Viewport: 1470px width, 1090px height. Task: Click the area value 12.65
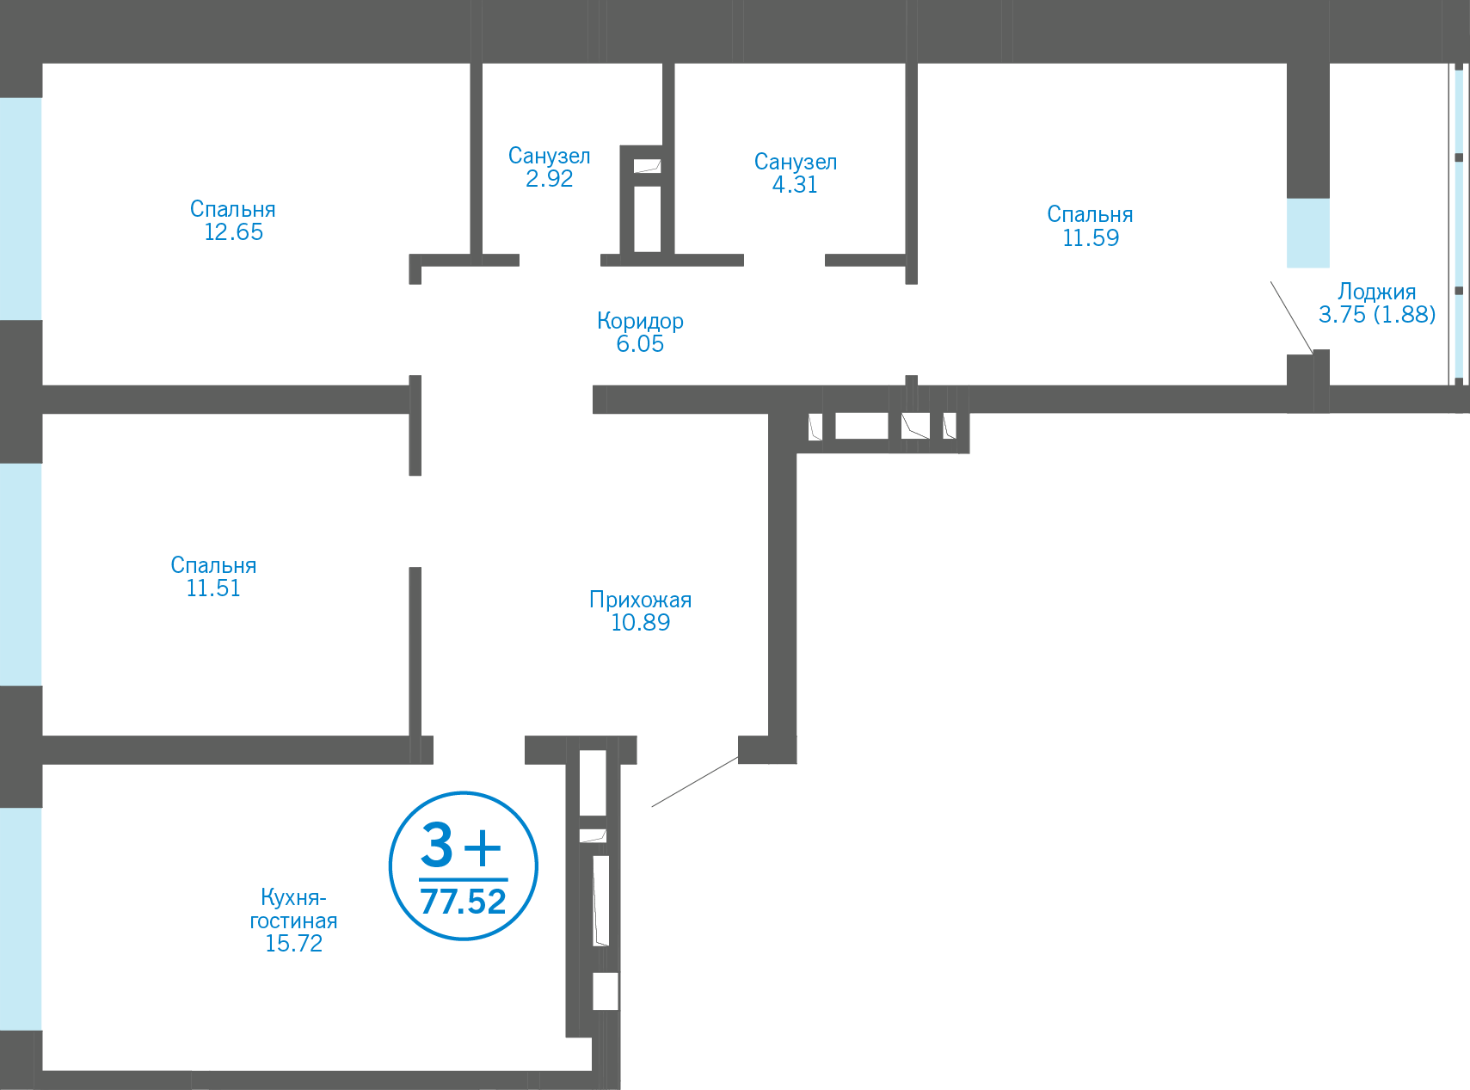[233, 232]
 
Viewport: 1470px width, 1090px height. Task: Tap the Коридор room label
[640, 321]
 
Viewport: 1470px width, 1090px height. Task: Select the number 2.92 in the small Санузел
[549, 179]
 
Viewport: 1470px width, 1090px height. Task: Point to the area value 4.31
[795, 184]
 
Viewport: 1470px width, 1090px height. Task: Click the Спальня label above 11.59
[1090, 214]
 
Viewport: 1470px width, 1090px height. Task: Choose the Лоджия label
[1376, 292]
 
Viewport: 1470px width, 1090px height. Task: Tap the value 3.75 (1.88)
[1376, 315]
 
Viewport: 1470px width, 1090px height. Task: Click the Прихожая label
[640, 600]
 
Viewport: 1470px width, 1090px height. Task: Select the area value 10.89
[640, 623]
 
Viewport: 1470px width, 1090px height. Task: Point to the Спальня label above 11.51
[213, 565]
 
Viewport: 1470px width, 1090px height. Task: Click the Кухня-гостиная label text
[293, 909]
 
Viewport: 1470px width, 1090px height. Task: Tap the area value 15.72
[293, 944]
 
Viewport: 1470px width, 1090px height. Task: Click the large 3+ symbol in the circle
[461, 847]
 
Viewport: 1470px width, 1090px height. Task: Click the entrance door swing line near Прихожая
[694, 782]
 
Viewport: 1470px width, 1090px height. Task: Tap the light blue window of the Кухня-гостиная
[21, 918]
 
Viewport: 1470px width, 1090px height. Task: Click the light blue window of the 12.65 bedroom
[21, 208]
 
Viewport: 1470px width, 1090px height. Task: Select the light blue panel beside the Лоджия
[1307, 233]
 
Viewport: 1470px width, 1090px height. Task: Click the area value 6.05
[640, 344]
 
